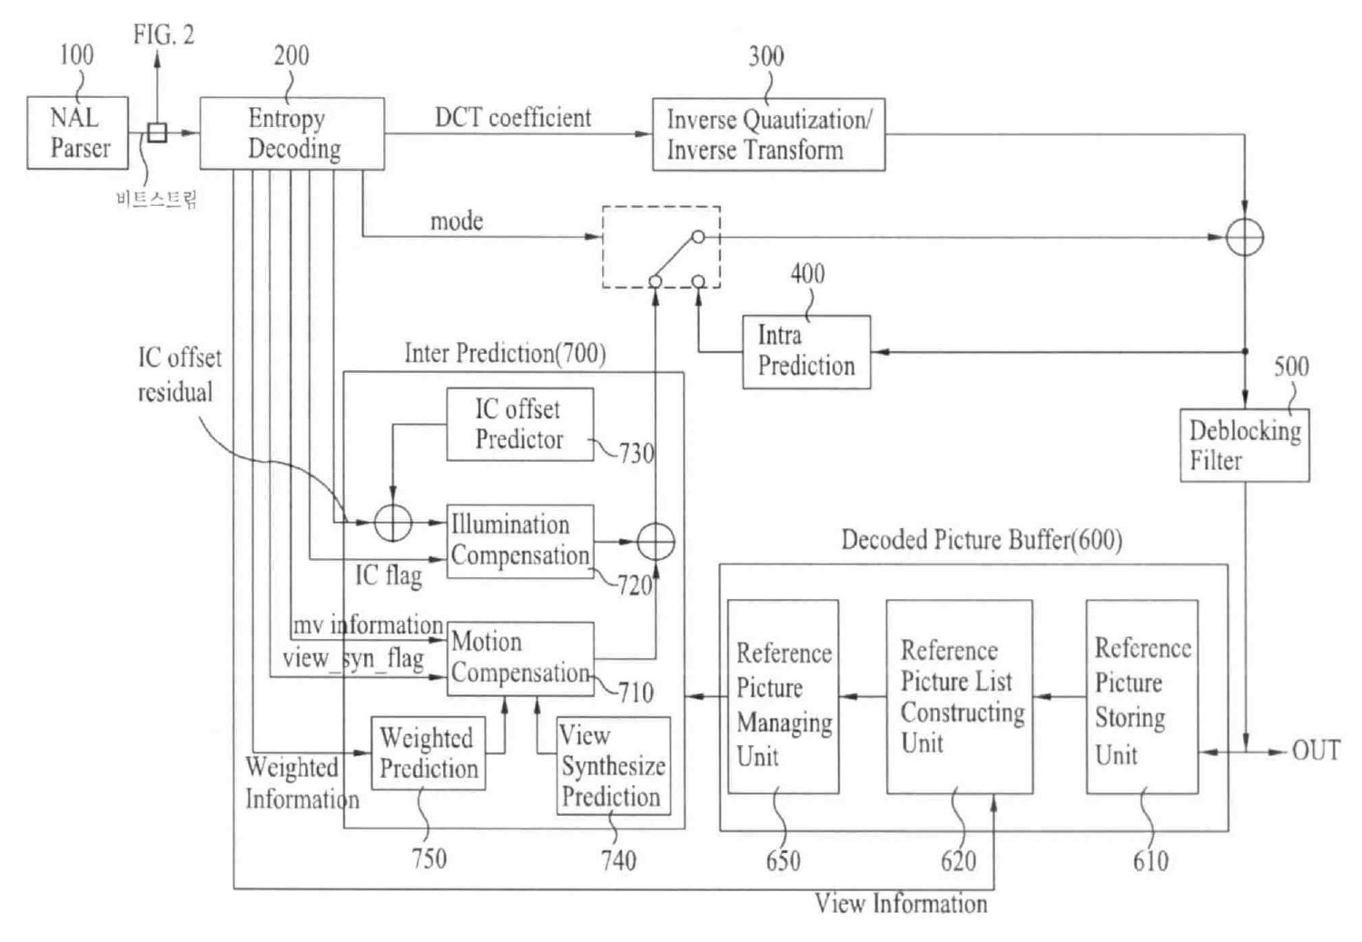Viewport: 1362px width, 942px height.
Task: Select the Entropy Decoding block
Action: (291, 133)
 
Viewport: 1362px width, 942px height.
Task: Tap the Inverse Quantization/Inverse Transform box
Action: (768, 134)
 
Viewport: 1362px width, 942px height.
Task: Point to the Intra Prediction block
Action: (806, 352)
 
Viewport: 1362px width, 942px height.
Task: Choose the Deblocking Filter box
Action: (1244, 446)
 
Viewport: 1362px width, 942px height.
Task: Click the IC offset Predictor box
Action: (519, 425)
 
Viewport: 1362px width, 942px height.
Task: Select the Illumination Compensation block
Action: (520, 541)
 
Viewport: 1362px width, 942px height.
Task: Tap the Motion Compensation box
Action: (520, 658)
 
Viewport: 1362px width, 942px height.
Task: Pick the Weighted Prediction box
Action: (428, 753)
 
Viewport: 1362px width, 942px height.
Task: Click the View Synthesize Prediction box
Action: (613, 766)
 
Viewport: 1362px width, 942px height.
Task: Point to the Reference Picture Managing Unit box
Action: (783, 697)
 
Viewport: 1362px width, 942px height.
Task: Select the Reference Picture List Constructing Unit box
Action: (959, 697)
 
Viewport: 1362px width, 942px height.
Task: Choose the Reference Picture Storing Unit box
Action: (1141, 697)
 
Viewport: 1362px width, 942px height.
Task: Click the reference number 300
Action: (765, 56)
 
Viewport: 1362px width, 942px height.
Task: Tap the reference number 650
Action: (783, 860)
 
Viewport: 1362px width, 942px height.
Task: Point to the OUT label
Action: (1316, 751)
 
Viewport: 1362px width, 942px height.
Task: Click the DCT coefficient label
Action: (512, 118)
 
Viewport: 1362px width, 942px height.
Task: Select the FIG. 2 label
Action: (163, 34)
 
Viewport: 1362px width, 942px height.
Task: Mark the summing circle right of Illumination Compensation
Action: (656, 542)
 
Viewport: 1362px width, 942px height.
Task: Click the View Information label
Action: (900, 904)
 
